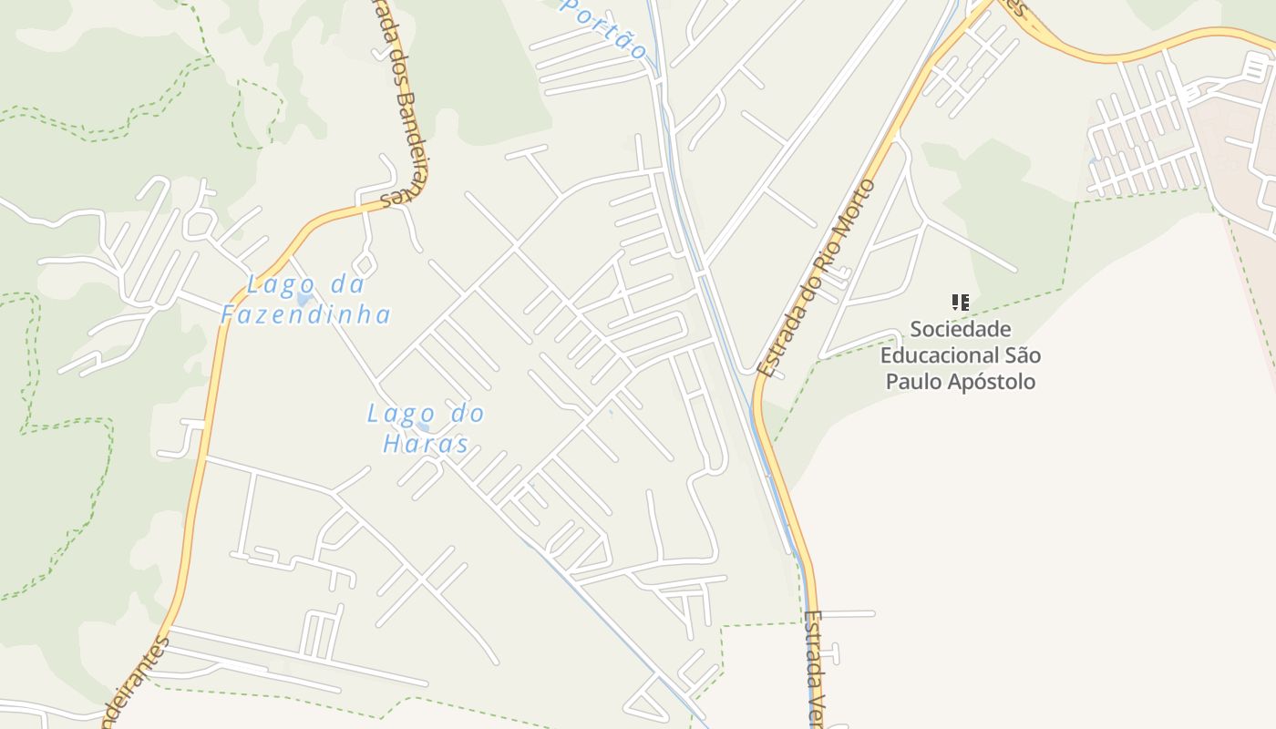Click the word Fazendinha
(306, 315)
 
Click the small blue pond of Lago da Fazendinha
(304, 299)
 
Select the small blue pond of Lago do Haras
(422, 426)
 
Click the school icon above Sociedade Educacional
(960, 302)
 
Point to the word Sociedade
(961, 328)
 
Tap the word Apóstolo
(991, 381)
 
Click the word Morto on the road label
(859, 209)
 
